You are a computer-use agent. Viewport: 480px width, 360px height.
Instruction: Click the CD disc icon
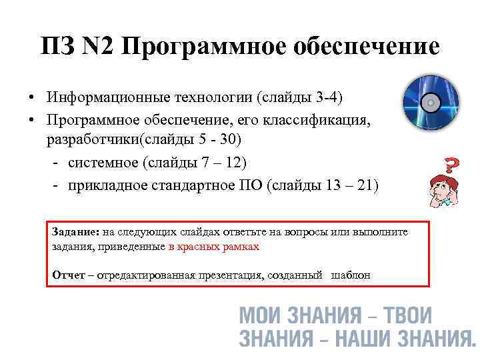click(431, 103)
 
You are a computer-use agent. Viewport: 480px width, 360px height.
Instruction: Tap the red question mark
click(451, 165)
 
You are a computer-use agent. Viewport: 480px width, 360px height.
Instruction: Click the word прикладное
click(109, 185)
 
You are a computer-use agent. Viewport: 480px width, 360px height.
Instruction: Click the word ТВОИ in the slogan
click(405, 315)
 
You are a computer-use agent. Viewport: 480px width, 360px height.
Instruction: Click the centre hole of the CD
click(431, 103)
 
